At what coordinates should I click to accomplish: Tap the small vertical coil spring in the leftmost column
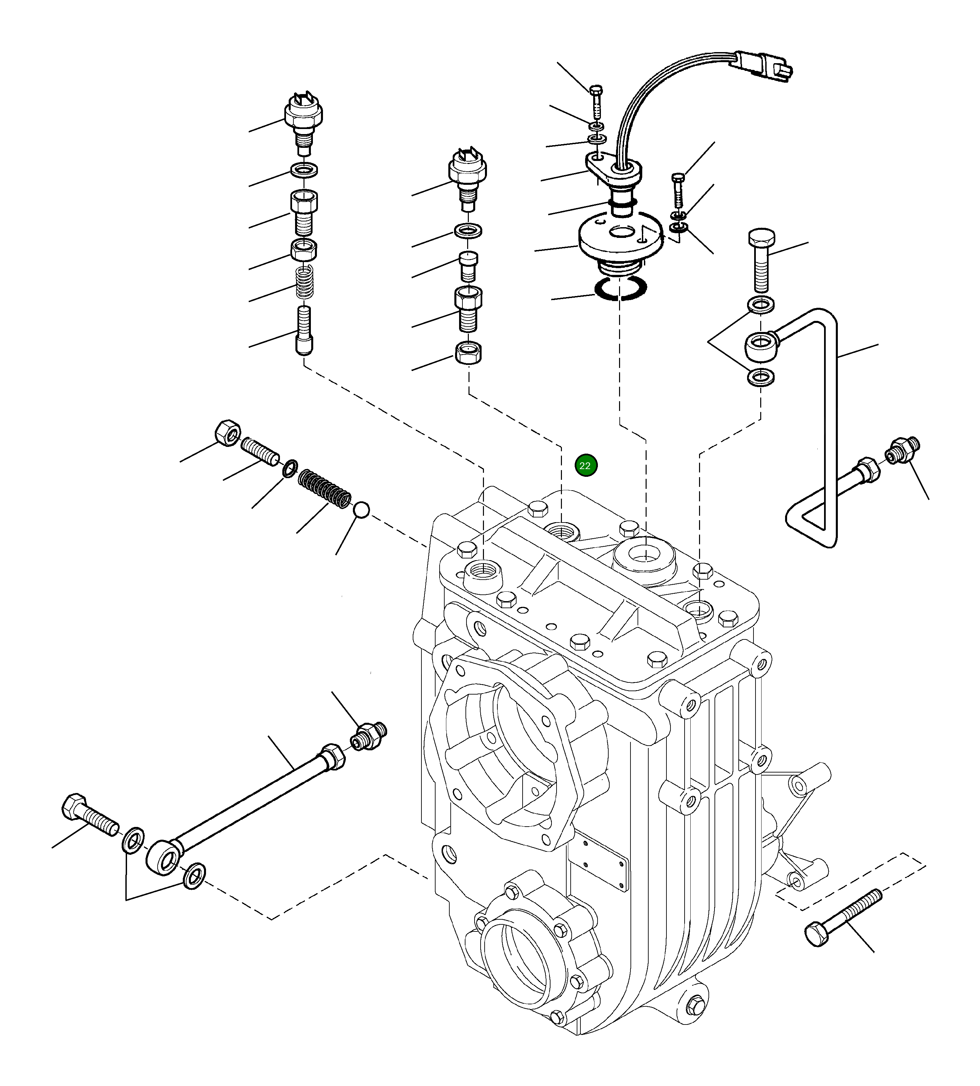coord(305,282)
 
